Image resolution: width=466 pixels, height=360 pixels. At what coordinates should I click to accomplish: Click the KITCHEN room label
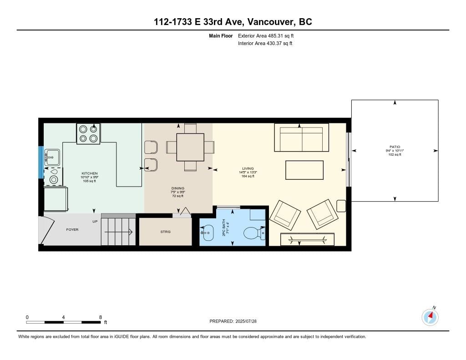(90, 173)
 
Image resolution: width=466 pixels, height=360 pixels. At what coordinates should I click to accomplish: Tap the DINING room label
(178, 188)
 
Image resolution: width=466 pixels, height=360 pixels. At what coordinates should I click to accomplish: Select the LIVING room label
(248, 168)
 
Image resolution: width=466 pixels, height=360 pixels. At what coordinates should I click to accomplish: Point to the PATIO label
(395, 147)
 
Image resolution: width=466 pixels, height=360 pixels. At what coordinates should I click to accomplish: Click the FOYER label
(72, 229)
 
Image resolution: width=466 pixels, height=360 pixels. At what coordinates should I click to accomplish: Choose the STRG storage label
(166, 232)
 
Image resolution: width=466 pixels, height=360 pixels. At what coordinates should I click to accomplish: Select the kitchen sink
(52, 157)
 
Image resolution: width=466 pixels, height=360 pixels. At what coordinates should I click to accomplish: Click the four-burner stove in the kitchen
(88, 134)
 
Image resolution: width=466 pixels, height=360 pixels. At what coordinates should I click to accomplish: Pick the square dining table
(190, 147)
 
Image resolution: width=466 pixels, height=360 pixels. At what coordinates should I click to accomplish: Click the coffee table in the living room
(304, 170)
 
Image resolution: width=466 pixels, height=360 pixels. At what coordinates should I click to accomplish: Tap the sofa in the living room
(301, 137)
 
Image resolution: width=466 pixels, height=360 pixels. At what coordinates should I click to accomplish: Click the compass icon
(430, 317)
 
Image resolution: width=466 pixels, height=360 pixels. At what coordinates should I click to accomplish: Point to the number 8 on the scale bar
(101, 317)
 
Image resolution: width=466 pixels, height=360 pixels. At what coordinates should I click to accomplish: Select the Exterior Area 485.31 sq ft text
(266, 35)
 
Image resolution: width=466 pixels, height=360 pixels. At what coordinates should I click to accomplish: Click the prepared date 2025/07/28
(246, 321)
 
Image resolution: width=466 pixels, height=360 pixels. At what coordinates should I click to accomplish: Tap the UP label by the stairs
(95, 222)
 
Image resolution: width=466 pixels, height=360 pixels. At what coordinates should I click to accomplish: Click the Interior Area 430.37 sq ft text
(265, 43)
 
